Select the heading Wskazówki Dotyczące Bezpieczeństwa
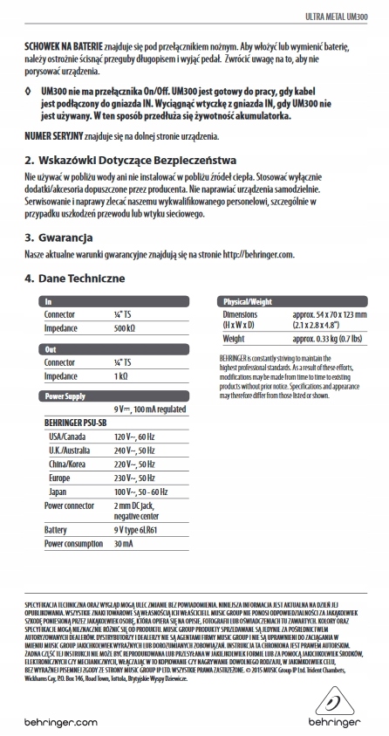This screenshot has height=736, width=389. [131, 161]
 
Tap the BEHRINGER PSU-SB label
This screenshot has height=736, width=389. [75, 423]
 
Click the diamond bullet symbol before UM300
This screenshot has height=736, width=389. [30, 90]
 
